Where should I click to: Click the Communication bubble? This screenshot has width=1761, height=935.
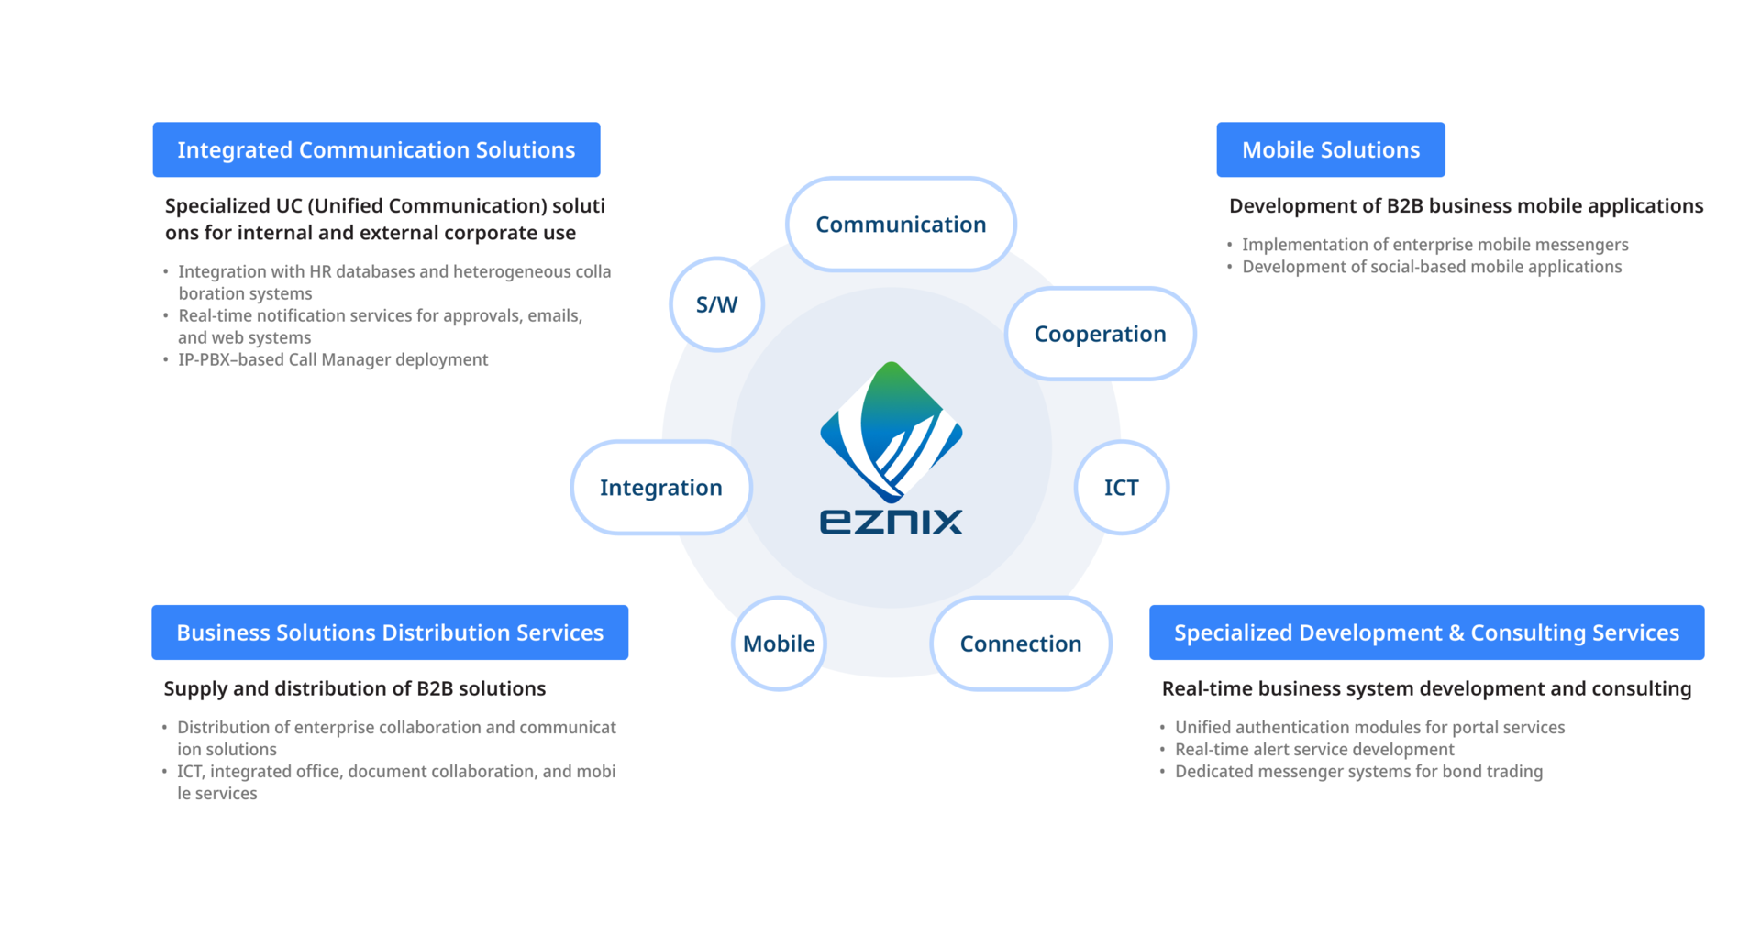tap(901, 225)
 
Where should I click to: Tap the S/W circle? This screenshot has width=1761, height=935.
tap(716, 304)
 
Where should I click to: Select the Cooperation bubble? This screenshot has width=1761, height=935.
tap(1100, 334)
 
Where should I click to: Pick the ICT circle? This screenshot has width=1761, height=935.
tap(1121, 488)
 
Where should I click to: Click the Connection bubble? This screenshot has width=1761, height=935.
tap(1020, 643)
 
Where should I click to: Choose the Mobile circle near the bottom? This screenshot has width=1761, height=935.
tap(779, 643)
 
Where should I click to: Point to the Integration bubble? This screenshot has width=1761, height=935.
tap(660, 488)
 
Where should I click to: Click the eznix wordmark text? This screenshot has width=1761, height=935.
tap(891, 522)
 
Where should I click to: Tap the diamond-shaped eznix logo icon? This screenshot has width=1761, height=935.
tap(891, 431)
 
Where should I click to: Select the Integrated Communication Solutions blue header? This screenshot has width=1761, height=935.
tap(376, 149)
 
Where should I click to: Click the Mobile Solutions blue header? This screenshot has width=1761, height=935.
tap(1330, 149)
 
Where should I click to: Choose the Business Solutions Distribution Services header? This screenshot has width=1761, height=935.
tap(390, 632)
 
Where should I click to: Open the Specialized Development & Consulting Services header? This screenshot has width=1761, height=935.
tap(1426, 632)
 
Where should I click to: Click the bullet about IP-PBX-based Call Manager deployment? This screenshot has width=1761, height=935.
tap(333, 359)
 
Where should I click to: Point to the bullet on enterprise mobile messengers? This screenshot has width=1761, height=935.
tap(1434, 245)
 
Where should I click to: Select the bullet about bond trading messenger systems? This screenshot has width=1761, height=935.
tap(1358, 772)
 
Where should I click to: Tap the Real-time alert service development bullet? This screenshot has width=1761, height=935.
tap(1314, 750)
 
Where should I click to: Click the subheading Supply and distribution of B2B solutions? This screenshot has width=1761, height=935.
tap(354, 688)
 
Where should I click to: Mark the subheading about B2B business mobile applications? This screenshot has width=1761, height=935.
tap(1466, 206)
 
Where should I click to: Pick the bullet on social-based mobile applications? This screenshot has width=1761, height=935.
tap(1432, 267)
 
